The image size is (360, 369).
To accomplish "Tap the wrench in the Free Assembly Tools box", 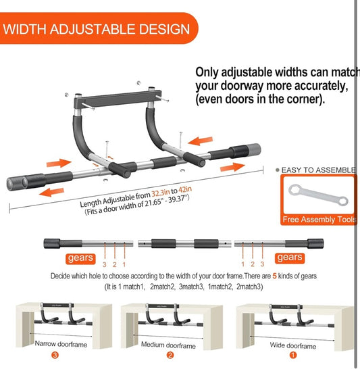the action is tap(318, 196).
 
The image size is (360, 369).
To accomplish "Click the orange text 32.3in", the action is tap(161, 193).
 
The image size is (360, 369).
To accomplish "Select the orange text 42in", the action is tap(185, 189).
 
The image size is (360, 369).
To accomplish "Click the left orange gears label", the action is tap(80, 258).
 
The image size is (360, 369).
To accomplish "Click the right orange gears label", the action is tap(290, 258).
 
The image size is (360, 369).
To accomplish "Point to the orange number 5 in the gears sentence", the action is tap(274, 276).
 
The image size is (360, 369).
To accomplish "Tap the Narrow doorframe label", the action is tap(61, 344).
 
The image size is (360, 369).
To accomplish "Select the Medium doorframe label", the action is tap(168, 345).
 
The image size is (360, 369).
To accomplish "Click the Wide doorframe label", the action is tap(293, 345).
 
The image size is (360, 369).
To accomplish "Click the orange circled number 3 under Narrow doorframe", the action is tap(55, 355).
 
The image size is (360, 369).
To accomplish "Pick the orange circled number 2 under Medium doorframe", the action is tap(170, 355).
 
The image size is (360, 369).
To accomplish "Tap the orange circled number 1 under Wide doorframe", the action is tap(293, 355).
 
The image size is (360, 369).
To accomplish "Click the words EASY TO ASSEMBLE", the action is tap(318, 170).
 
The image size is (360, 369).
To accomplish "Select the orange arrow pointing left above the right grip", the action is tap(201, 141).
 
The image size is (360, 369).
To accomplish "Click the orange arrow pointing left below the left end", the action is tap(51, 192).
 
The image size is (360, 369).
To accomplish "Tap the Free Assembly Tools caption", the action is tap(319, 220).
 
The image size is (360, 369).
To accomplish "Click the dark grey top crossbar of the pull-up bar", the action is tap(118, 99).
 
